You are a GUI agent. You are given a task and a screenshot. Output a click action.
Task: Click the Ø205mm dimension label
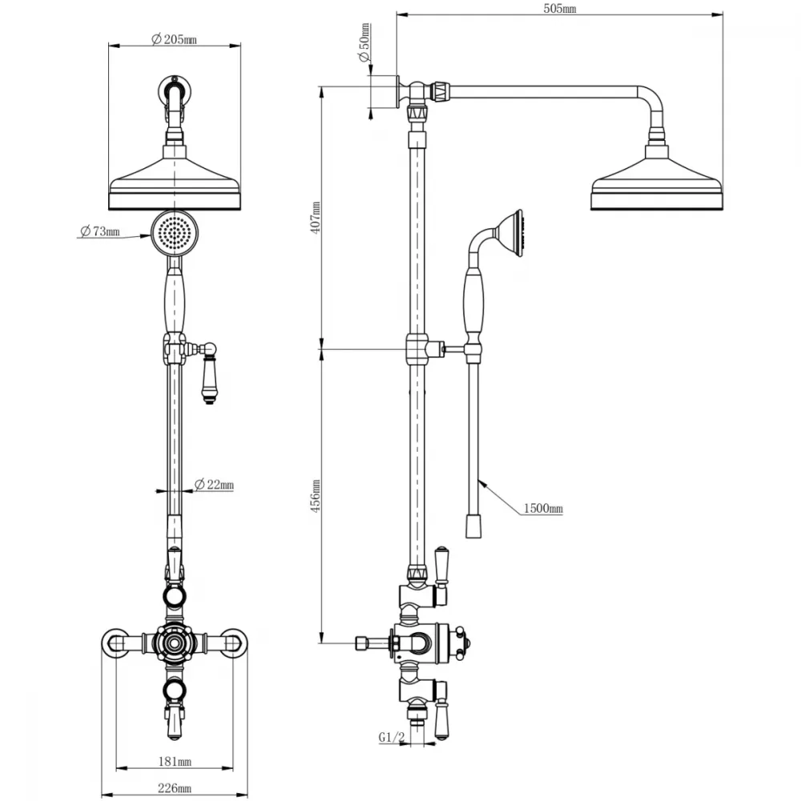pos(174,39)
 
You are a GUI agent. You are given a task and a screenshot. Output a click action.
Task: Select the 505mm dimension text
pos(560,9)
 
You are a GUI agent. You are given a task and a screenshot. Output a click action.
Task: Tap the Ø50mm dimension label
pos(364,42)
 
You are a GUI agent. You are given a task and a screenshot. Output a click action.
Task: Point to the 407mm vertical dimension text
pos(316,218)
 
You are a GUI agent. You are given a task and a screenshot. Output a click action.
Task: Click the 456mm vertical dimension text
pos(316,496)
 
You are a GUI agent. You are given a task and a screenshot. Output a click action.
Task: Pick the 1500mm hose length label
pos(543,509)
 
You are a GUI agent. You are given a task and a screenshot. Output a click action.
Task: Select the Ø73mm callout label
pos(100,231)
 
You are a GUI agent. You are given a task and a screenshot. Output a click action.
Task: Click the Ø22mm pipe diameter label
pos(214,485)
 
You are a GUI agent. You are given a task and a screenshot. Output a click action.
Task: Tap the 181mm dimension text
pos(175,762)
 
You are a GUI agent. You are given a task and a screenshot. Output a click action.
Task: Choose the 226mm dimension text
pos(175,788)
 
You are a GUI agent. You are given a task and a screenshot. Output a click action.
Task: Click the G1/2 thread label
pos(392,737)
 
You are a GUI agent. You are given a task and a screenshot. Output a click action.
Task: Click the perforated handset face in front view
pos(175,233)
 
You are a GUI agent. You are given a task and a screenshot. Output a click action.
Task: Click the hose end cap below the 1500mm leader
pos(473,526)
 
